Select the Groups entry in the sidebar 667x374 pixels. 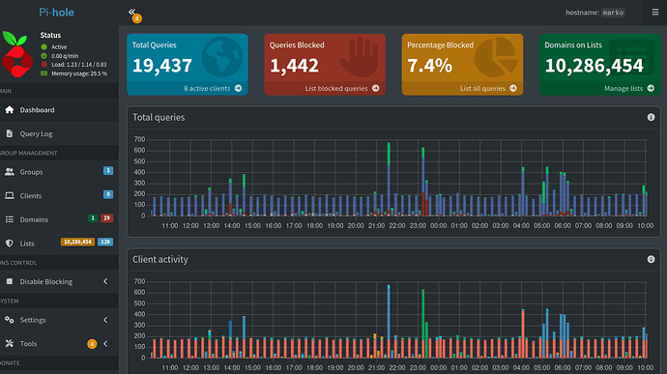pos(31,171)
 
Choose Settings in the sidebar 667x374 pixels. pos(32,320)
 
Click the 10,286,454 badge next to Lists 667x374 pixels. pos(77,242)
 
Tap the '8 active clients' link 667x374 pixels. pos(213,88)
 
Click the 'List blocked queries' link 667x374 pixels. pos(341,88)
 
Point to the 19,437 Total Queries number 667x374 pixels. pos(162,66)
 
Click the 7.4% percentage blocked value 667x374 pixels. pos(429,66)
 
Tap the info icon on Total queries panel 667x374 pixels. pos(651,117)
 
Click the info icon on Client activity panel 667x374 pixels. pos(651,260)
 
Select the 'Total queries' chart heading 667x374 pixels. pos(159,117)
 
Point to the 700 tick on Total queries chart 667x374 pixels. pos(140,140)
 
